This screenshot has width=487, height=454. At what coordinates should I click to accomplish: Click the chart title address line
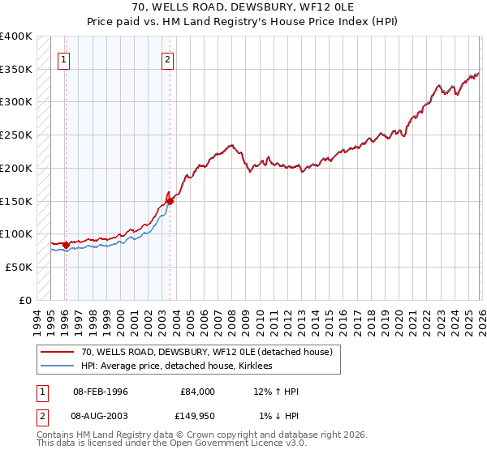point(243,7)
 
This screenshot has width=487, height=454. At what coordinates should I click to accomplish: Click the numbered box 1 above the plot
point(63,58)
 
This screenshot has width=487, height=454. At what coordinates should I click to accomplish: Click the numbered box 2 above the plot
point(167,58)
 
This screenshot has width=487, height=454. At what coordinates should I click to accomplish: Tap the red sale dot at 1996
point(66,244)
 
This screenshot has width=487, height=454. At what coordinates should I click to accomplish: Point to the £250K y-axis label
point(16,135)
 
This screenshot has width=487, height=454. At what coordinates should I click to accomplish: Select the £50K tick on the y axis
point(19,267)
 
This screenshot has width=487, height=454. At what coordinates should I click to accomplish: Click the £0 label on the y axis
point(26,300)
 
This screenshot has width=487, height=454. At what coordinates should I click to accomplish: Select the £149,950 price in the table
point(197,416)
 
